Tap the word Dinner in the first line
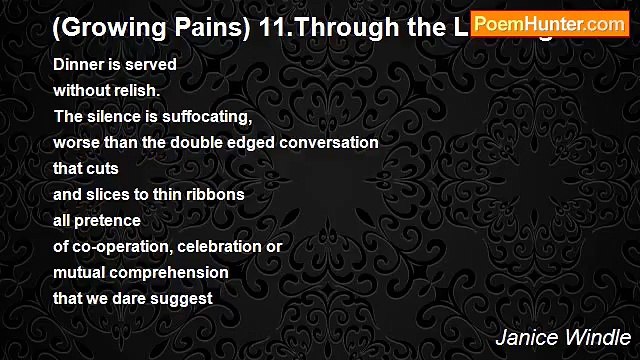pyautogui.click(x=77, y=64)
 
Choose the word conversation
pyautogui.click(x=329, y=142)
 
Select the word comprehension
pyautogui.click(x=168, y=272)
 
